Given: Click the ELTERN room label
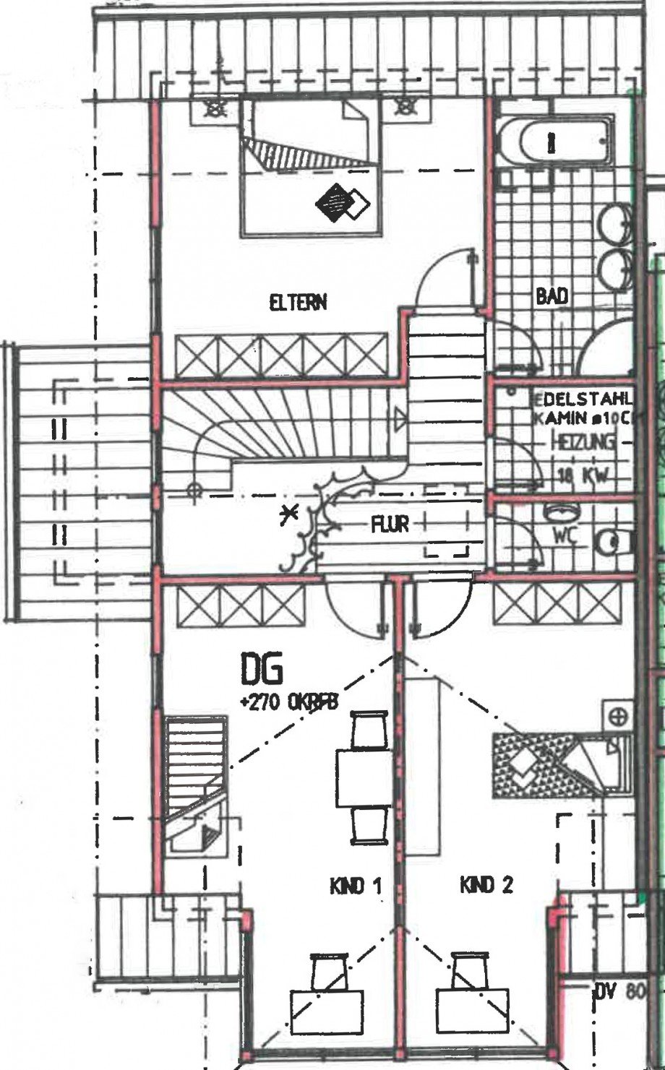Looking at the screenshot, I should (297, 302).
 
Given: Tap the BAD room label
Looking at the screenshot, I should (552, 296).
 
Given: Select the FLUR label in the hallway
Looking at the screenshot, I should (390, 524).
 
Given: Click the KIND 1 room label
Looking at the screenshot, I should (356, 886).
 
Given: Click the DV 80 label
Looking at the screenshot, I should (618, 992).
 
